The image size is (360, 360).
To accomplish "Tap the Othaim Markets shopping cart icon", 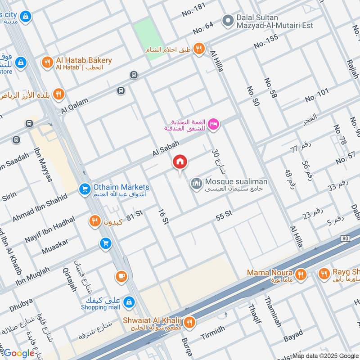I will (84, 189).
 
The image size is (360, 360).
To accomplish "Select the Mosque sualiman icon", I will (196, 184).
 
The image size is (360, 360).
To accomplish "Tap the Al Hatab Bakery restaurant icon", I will (47, 63).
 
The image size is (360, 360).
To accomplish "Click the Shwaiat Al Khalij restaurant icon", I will (189, 322).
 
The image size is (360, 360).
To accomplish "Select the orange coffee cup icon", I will (121, 276).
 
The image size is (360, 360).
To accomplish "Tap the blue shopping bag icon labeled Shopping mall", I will (129, 301).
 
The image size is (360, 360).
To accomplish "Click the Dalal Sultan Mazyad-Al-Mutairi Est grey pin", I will (228, 20).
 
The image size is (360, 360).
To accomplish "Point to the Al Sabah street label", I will (166, 148).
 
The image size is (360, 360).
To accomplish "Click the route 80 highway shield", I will (345, 238).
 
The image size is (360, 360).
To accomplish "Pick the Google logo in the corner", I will (19, 353).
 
